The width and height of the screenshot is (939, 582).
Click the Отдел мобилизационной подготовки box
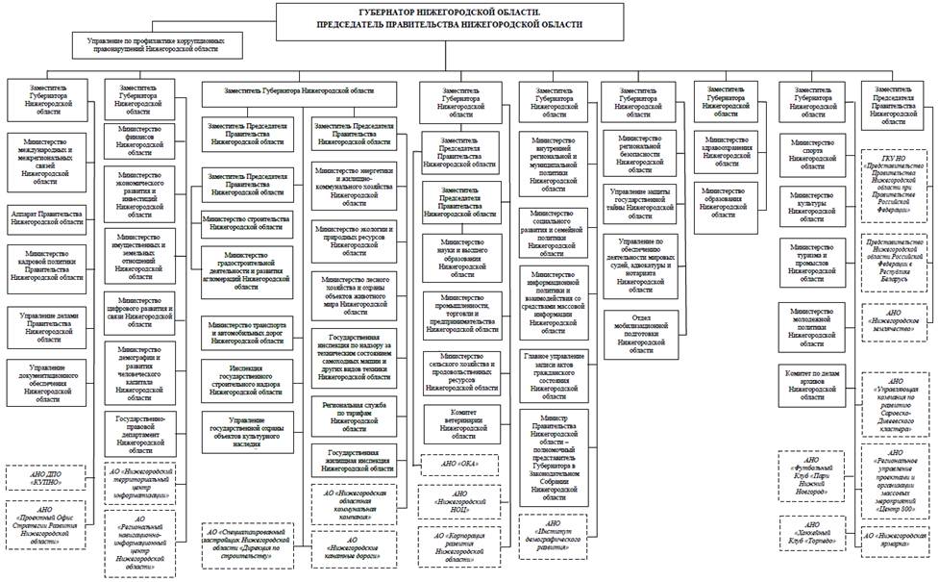[640, 330]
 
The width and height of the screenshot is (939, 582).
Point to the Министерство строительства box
[247, 222]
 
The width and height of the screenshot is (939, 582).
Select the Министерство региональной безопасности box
[640, 151]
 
